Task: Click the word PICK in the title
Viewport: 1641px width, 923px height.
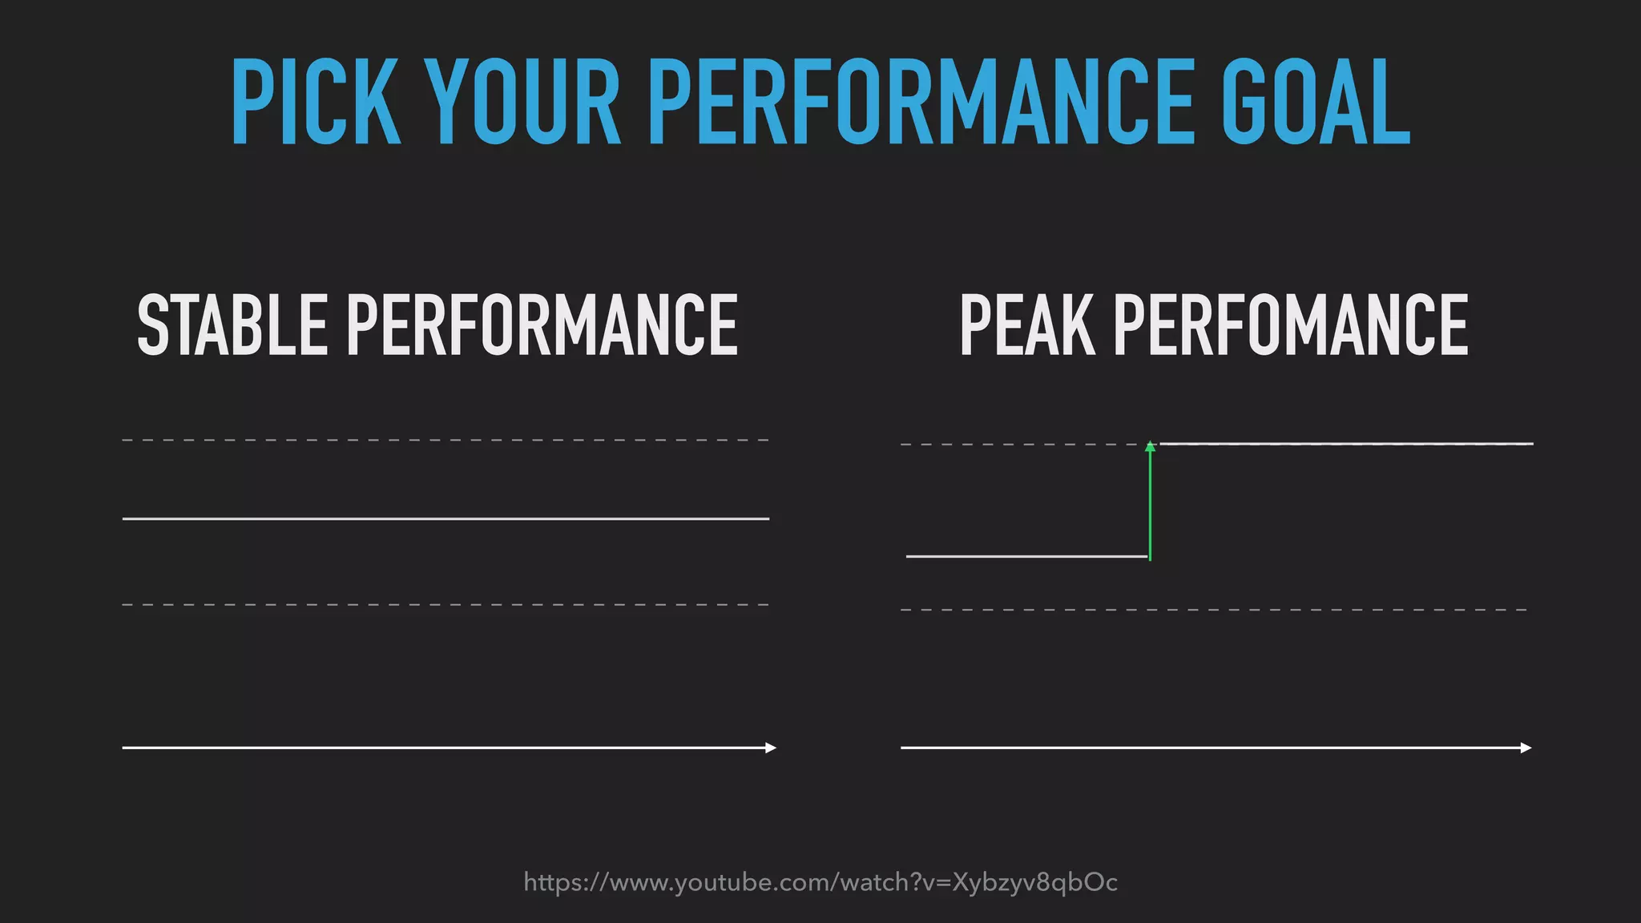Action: click(x=315, y=103)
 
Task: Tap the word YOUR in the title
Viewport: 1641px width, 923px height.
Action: click(x=522, y=103)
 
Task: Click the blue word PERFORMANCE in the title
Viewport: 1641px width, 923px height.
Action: click(x=921, y=103)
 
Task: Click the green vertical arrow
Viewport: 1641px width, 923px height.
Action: click(x=1150, y=505)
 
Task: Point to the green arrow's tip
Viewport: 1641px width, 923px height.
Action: click(x=1150, y=445)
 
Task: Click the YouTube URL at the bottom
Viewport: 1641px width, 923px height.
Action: click(x=820, y=882)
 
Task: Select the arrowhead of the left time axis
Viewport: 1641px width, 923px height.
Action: click(x=771, y=748)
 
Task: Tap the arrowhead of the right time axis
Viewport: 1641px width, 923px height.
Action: click(x=1526, y=748)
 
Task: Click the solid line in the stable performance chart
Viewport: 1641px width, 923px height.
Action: click(x=446, y=519)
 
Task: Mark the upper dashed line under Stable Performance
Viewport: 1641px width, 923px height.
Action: click(x=446, y=440)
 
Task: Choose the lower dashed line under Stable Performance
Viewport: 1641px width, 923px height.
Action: click(x=446, y=604)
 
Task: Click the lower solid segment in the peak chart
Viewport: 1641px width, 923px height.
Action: click(x=1026, y=556)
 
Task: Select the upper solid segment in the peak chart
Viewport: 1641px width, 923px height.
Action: click(x=1346, y=443)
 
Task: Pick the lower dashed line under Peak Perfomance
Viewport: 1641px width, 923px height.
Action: click(x=1213, y=610)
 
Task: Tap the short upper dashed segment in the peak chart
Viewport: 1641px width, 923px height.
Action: click(x=1022, y=444)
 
